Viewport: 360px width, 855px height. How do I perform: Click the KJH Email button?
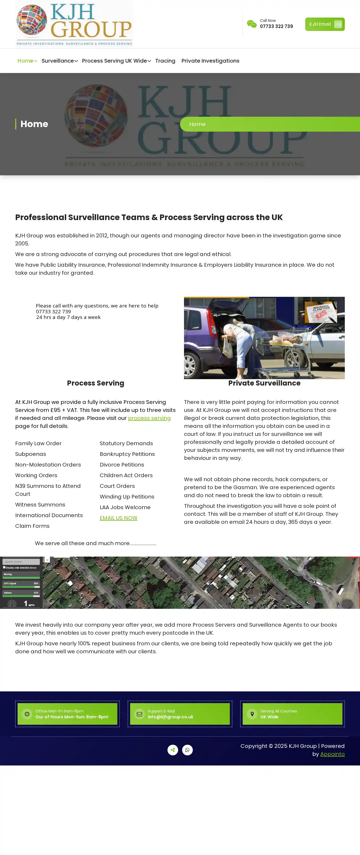325,24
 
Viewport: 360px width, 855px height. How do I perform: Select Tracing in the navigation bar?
165,61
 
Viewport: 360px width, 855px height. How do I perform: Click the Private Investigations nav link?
210,61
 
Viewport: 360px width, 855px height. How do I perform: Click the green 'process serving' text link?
149,418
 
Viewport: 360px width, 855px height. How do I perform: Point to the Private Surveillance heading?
264,383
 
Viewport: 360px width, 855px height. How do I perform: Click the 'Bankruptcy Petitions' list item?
127,454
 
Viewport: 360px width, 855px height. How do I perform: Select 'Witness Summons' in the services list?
40,505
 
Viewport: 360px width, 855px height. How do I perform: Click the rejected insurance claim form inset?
321,312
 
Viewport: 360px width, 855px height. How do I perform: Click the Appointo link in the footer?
332,754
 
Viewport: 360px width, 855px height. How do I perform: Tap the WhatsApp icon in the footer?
187,750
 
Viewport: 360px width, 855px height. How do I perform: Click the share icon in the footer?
173,750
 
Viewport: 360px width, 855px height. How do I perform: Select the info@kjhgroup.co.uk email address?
170,717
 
